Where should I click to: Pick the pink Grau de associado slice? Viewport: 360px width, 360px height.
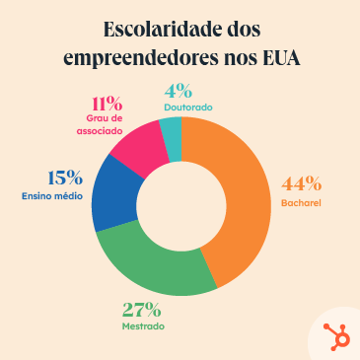pyautogui.click(x=137, y=144)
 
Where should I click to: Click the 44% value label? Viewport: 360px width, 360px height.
pyautogui.click(x=301, y=183)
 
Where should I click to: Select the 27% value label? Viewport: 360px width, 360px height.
pyautogui.click(x=141, y=308)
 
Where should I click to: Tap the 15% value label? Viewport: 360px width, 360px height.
pyautogui.click(x=65, y=178)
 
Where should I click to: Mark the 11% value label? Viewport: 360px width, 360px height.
pyautogui.click(x=106, y=103)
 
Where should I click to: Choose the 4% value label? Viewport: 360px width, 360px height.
pyautogui.click(x=178, y=90)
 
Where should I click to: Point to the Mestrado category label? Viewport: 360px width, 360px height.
pyautogui.click(x=143, y=325)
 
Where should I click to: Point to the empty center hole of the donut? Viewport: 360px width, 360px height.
pyautogui.click(x=181, y=206)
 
